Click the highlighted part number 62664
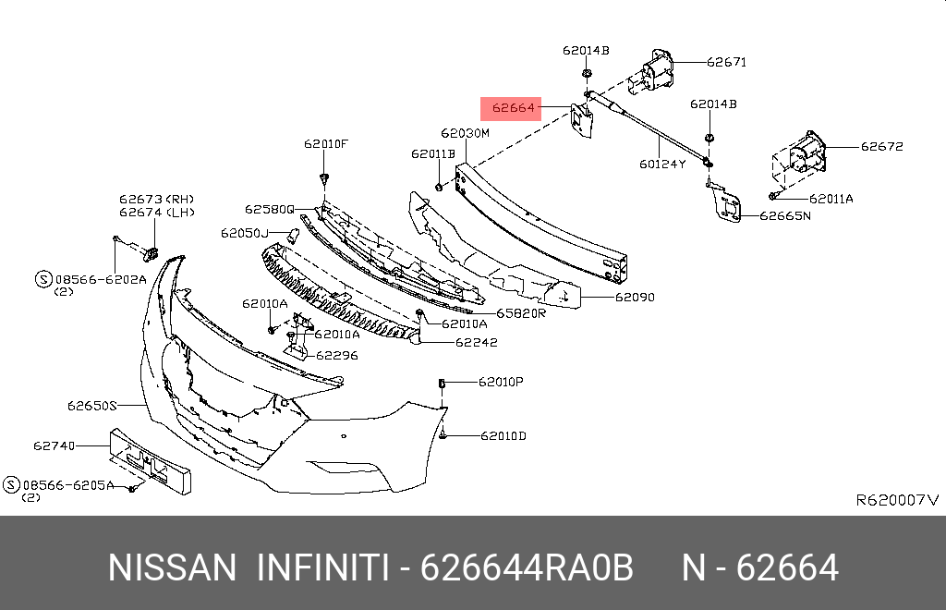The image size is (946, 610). (513, 108)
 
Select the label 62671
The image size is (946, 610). (726, 63)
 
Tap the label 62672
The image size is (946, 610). (881, 146)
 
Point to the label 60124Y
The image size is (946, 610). (661, 165)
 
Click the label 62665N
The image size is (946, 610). (784, 216)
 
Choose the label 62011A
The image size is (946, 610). (831, 199)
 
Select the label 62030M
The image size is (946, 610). (465, 133)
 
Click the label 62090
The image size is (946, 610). (635, 298)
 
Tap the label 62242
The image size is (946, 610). (476, 342)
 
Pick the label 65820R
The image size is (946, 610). (521, 313)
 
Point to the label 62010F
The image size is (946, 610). (326, 144)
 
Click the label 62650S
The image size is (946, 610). (92, 405)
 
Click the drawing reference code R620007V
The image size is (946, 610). (897, 500)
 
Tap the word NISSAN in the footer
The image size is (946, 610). (173, 567)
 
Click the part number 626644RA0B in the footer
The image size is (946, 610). (527, 567)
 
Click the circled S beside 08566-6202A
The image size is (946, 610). (42, 277)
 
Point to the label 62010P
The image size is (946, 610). (500, 381)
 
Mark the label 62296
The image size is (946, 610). (337, 354)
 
